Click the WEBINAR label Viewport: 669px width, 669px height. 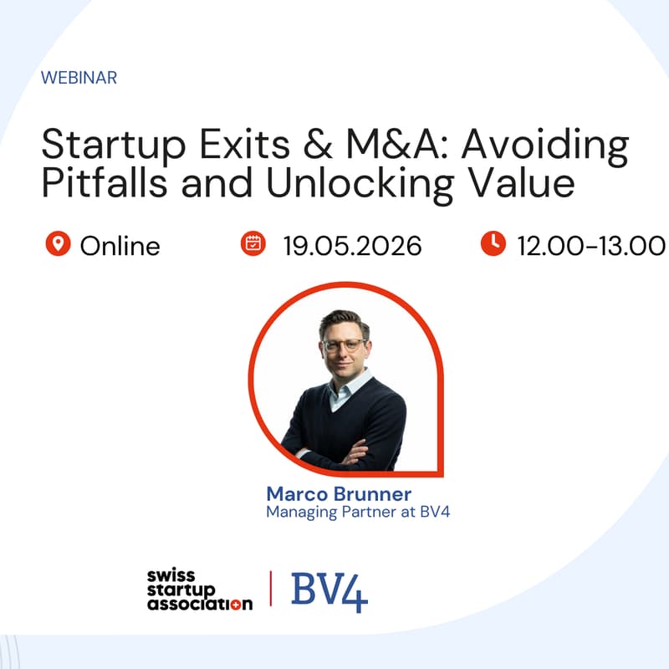pyautogui.click(x=79, y=78)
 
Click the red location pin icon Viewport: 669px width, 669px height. pyautogui.click(x=58, y=244)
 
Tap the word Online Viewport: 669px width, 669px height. pyautogui.click(x=120, y=247)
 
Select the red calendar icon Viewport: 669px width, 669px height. pyautogui.click(x=252, y=244)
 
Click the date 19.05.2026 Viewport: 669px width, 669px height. pyautogui.click(x=352, y=247)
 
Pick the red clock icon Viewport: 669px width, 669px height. pyautogui.click(x=493, y=244)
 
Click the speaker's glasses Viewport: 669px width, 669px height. pyautogui.click(x=344, y=345)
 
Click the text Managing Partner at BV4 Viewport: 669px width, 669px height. pyautogui.click(x=358, y=511)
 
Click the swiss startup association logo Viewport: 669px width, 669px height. pyautogui.click(x=199, y=590)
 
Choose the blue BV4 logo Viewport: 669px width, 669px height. pyautogui.click(x=329, y=590)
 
